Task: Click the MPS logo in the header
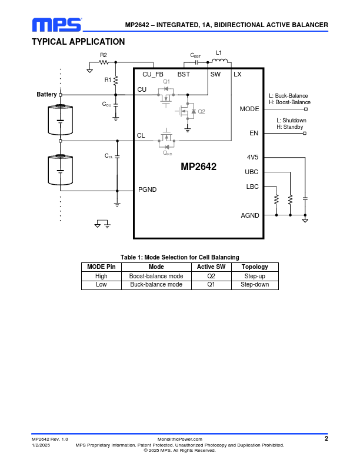56,25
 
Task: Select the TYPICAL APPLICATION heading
78,42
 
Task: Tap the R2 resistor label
104,55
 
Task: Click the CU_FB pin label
152,74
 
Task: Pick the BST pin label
184,74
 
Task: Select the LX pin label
237,74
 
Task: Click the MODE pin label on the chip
249,109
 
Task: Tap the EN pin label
254,133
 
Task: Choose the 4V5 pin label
252,157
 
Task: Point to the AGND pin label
250,215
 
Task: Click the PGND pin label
147,189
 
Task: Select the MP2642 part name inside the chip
198,167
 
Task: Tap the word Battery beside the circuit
46,94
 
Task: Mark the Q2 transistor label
201,111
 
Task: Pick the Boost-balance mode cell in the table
156,275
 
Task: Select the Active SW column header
211,267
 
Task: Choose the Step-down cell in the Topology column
255,284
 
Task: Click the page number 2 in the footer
326,439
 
